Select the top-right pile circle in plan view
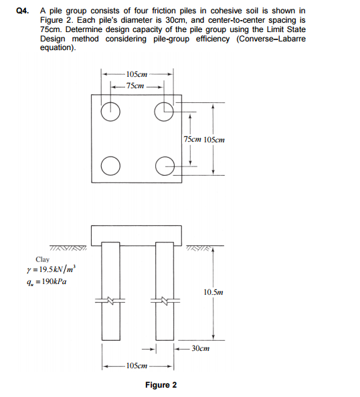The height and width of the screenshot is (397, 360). pos(163,112)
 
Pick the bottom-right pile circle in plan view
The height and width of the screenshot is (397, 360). pos(163,164)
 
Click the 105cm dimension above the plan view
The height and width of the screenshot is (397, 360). pos(137,74)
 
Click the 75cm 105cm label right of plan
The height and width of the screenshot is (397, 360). pos(203,140)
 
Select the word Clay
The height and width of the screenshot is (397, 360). pos(43,260)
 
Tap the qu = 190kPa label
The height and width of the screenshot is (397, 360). pos(47,281)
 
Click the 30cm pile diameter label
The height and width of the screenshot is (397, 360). pos(200,348)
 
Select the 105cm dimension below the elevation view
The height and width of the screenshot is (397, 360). pos(137,366)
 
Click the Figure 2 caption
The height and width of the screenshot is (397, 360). pos(161,386)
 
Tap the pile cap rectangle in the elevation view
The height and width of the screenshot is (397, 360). pos(137,233)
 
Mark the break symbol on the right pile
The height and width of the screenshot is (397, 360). pos(163,299)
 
